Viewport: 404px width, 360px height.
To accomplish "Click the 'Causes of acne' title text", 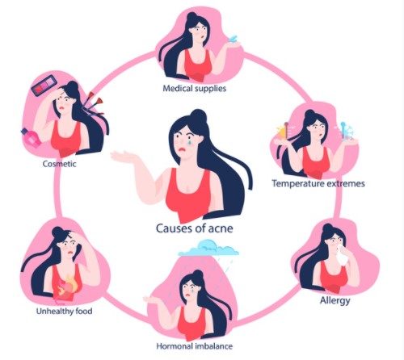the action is (195, 228).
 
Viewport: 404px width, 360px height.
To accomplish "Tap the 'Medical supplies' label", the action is (195, 88).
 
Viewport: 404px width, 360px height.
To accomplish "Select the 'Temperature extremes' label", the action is (318, 183).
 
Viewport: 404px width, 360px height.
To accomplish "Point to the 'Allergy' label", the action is (335, 300).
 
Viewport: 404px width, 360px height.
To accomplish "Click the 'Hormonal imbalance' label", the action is (195, 345).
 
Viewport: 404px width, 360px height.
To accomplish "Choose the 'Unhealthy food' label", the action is (64, 311).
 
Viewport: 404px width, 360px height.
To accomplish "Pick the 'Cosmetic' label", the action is (60, 164).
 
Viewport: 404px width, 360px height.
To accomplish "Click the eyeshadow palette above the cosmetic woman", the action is (44, 86).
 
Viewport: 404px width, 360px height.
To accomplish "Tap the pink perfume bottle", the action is (32, 137).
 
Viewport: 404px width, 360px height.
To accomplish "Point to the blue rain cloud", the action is (208, 248).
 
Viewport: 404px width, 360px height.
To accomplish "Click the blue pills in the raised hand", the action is (234, 39).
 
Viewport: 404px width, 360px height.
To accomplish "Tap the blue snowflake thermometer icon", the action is (346, 131).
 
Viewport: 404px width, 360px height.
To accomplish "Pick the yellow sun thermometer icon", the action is (283, 131).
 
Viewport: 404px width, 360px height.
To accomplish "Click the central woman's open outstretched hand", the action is (121, 157).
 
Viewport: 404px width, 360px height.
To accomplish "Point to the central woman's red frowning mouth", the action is (183, 149).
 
